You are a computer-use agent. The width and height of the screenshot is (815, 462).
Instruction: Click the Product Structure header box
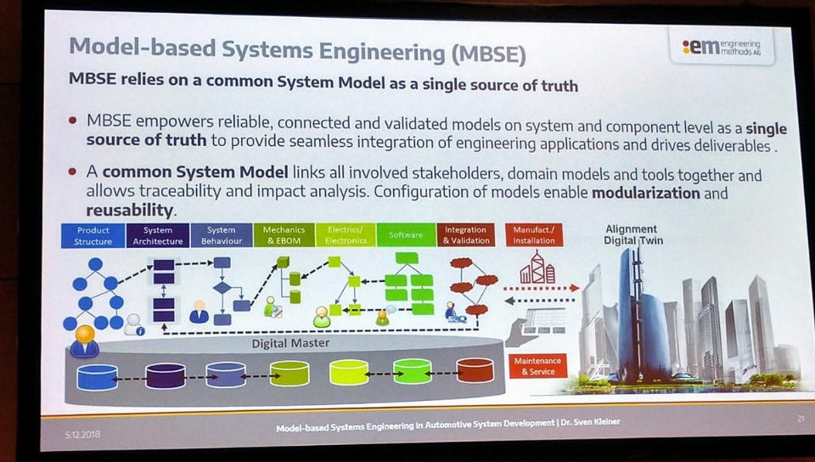93,235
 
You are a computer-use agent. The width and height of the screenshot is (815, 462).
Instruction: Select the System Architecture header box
158,235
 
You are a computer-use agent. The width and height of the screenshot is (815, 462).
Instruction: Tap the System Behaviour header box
222,235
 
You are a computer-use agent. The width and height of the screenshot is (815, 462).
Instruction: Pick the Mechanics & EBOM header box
284,235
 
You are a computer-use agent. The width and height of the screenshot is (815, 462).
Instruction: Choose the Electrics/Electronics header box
345,234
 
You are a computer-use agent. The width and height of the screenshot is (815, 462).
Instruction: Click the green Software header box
406,234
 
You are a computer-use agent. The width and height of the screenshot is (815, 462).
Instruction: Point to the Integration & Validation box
465,234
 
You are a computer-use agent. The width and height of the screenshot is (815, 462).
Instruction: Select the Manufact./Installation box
534,234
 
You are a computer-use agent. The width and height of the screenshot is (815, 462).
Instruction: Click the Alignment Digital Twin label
631,234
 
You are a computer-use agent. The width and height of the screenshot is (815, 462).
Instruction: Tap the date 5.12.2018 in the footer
83,433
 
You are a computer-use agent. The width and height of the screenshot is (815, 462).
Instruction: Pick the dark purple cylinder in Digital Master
165,375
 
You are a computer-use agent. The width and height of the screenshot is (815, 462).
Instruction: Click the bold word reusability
130,210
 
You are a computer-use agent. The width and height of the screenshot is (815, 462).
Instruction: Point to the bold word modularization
646,193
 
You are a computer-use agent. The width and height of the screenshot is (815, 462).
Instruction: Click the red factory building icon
537,270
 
